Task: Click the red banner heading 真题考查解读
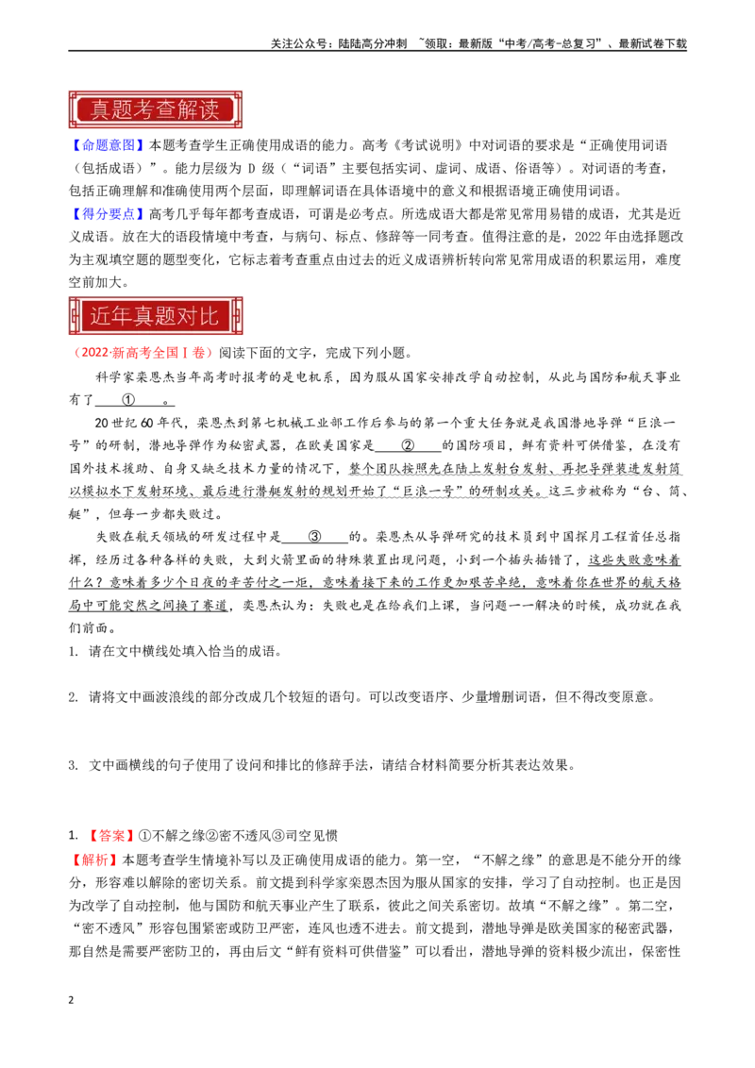156,109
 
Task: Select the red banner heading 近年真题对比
156,315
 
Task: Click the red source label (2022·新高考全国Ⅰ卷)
141,353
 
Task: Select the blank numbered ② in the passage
408,445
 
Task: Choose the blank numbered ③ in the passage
314,537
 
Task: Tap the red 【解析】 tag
94,859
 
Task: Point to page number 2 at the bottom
71,1000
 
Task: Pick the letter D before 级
251,168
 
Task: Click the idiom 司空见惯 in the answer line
311,836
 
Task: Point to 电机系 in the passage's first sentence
313,377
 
